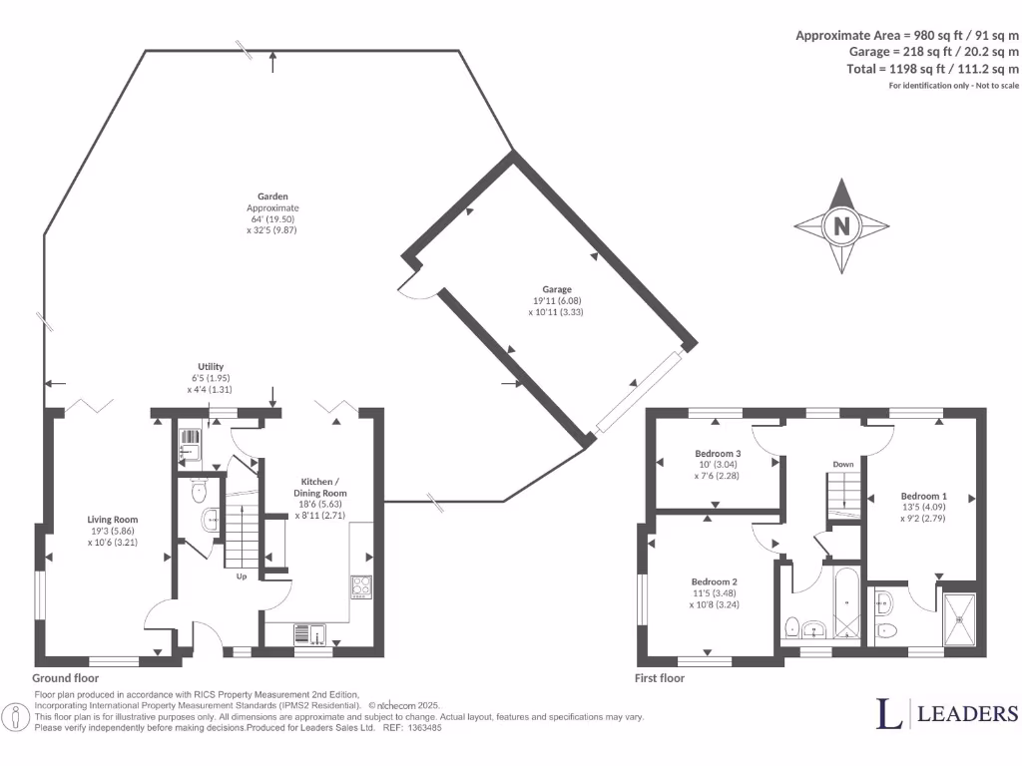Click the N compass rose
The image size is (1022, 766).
click(x=840, y=226)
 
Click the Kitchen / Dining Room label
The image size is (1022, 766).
click(x=319, y=487)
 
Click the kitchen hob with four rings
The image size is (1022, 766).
click(x=360, y=586)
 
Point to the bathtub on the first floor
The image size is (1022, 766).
click(x=844, y=604)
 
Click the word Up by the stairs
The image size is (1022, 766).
click(x=241, y=576)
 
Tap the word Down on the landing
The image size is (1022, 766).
click(x=842, y=464)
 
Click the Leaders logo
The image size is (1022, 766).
click(x=947, y=712)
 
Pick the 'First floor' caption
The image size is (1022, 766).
click(x=660, y=677)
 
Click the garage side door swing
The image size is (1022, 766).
click(x=412, y=287)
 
